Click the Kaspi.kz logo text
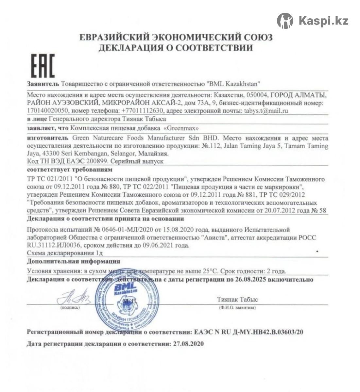click(323, 21)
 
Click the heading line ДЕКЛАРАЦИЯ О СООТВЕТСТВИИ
click(176, 48)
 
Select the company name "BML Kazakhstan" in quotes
click(233, 84)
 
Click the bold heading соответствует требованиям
click(70, 170)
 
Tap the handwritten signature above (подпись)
click(71, 298)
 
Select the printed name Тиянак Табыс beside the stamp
click(237, 299)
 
